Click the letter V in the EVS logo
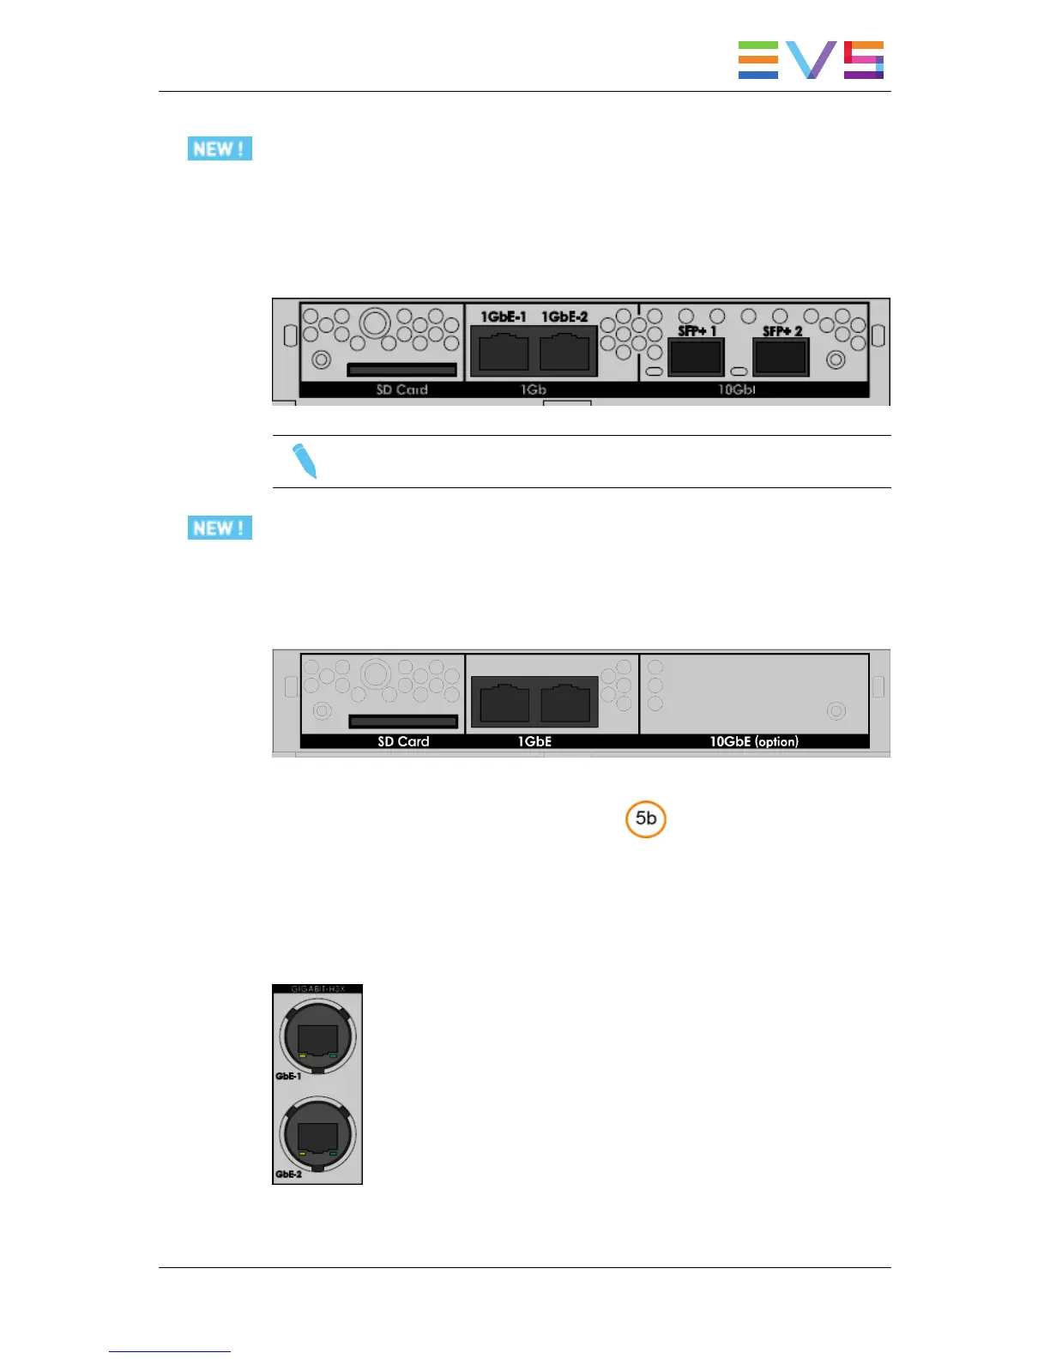811,60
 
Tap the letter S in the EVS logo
863,60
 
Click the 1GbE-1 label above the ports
504,317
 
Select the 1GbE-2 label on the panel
564,317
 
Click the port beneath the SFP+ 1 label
696,357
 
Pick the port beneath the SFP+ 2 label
781,357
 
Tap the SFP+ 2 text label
782,331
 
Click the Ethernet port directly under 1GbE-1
504,352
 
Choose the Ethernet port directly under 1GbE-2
564,352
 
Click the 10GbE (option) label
753,741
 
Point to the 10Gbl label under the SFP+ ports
736,390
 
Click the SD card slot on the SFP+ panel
401,370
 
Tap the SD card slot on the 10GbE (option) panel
402,722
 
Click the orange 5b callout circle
646,818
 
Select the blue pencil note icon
305,461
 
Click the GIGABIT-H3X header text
317,989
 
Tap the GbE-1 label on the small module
288,1076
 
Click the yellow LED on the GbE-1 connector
303,1054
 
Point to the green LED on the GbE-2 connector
332,1153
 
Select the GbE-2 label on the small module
288,1175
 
